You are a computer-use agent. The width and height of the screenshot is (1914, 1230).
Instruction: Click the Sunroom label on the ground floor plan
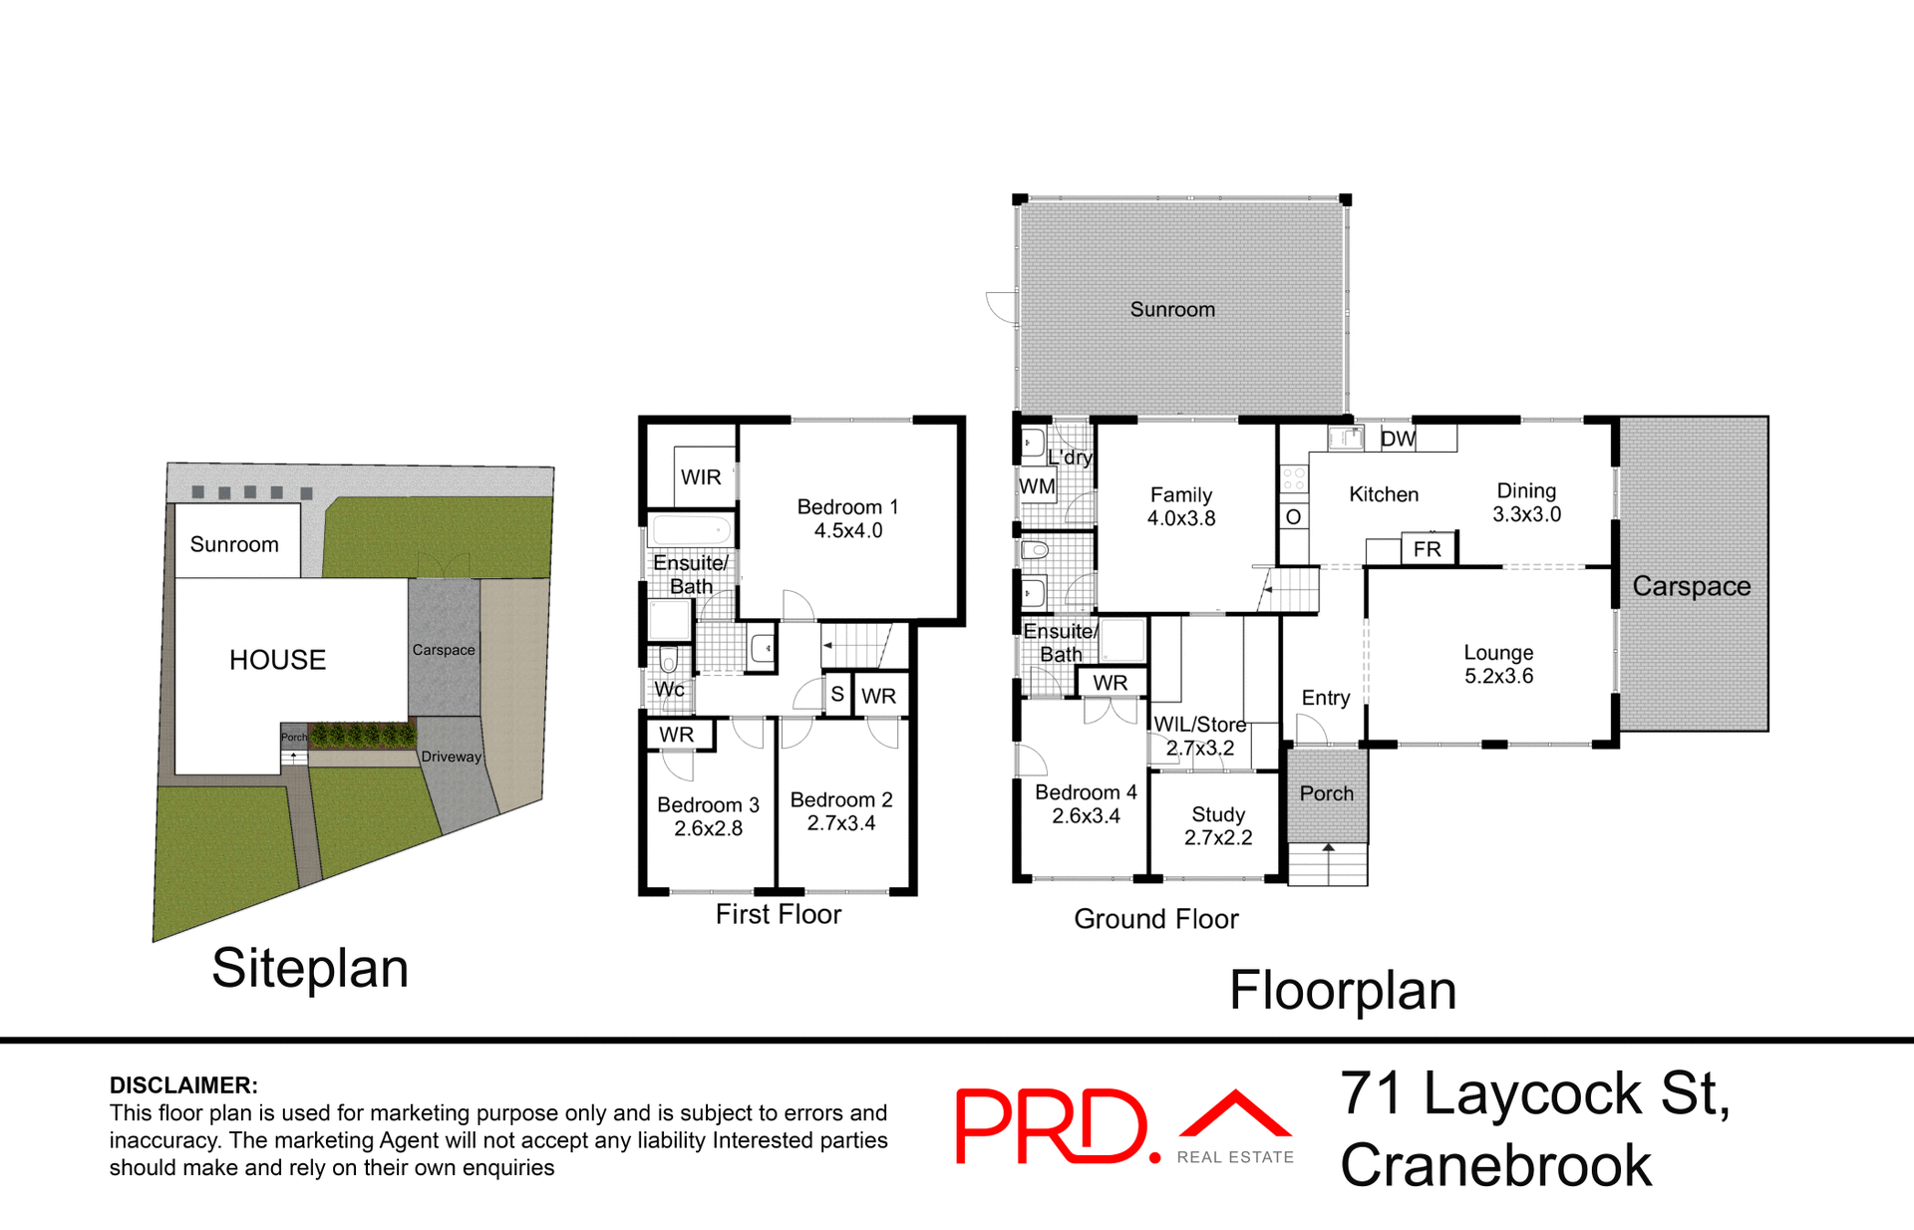(x=1172, y=310)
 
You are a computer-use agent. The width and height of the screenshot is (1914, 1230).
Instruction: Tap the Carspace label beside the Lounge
(x=1691, y=586)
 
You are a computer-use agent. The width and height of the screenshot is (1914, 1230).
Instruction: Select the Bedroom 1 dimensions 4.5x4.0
(x=848, y=531)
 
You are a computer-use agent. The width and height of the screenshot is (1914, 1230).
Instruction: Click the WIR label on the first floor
(x=701, y=477)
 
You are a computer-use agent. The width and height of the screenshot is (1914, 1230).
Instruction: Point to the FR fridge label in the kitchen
(x=1427, y=549)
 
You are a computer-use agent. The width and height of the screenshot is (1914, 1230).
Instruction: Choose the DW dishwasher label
(x=1398, y=439)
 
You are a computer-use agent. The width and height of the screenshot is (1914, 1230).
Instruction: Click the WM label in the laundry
(x=1037, y=486)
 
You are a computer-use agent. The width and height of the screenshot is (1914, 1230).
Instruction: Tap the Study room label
(x=1218, y=814)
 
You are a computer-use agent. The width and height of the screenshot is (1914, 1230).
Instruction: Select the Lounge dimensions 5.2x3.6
(x=1498, y=676)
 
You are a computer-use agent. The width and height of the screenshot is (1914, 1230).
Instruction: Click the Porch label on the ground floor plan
(x=1327, y=793)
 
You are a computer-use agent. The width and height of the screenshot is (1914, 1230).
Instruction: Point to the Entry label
(x=1326, y=698)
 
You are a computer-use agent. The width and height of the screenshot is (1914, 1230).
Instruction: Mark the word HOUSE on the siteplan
(x=277, y=660)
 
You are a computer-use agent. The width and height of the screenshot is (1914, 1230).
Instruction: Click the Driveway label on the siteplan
(x=451, y=757)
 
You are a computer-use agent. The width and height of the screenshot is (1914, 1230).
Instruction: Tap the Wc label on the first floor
(x=669, y=689)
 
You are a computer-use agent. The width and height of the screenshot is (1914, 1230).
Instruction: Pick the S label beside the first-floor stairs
(x=837, y=695)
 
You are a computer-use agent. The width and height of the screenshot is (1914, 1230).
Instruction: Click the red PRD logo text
(x=1052, y=1126)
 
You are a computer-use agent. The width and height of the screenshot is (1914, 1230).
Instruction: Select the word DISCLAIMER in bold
(x=183, y=1085)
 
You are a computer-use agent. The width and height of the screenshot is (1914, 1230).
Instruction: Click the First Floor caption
(x=778, y=914)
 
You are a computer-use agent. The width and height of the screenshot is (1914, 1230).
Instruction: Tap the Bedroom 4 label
(x=1086, y=792)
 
